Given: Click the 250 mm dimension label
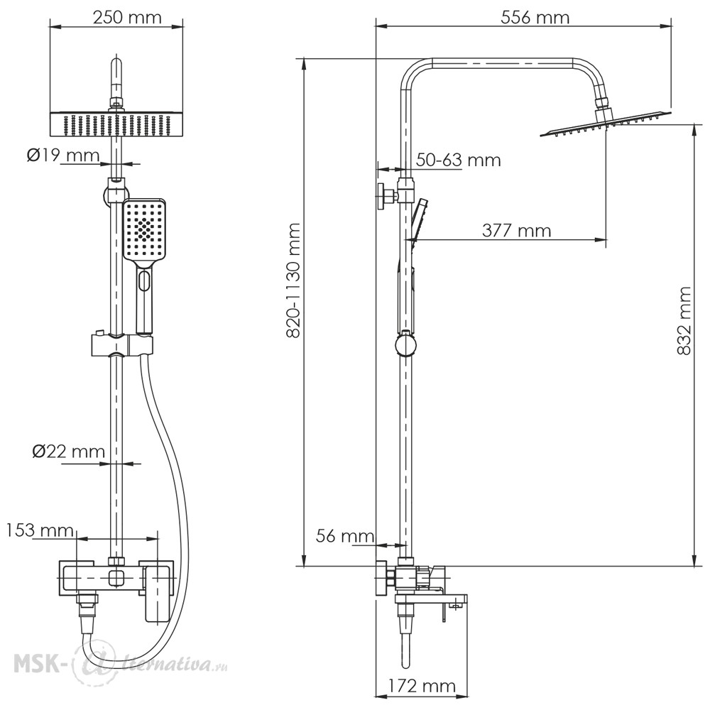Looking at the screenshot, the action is tap(127, 18).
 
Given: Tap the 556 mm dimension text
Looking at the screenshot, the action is tap(535, 18).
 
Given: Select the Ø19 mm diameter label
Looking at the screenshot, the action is tap(63, 155).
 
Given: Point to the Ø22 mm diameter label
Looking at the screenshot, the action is tap(68, 452).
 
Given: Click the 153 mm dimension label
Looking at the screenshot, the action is tap(40, 530).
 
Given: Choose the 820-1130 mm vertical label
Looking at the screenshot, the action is tap(295, 280).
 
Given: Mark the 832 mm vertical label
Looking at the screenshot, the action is tap(684, 321).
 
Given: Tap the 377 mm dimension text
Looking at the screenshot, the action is tap(517, 231).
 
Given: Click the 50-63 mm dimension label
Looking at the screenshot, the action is tap(459, 160).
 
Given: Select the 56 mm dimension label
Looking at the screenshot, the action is tap(345, 537).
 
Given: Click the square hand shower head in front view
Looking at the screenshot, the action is tap(144, 229).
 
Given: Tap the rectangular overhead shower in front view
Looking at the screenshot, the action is tap(116, 124).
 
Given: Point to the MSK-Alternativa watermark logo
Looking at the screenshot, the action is tap(121, 665).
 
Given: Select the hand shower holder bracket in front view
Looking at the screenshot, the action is tap(122, 345).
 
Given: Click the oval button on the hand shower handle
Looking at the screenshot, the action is tap(144, 280).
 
